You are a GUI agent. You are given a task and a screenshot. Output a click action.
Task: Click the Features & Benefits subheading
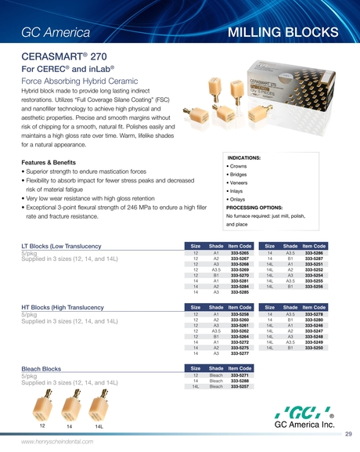coord(49,161)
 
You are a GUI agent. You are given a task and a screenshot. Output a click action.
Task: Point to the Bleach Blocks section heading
coord(41,368)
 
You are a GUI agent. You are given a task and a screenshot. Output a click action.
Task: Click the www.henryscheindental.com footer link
coord(59,443)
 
